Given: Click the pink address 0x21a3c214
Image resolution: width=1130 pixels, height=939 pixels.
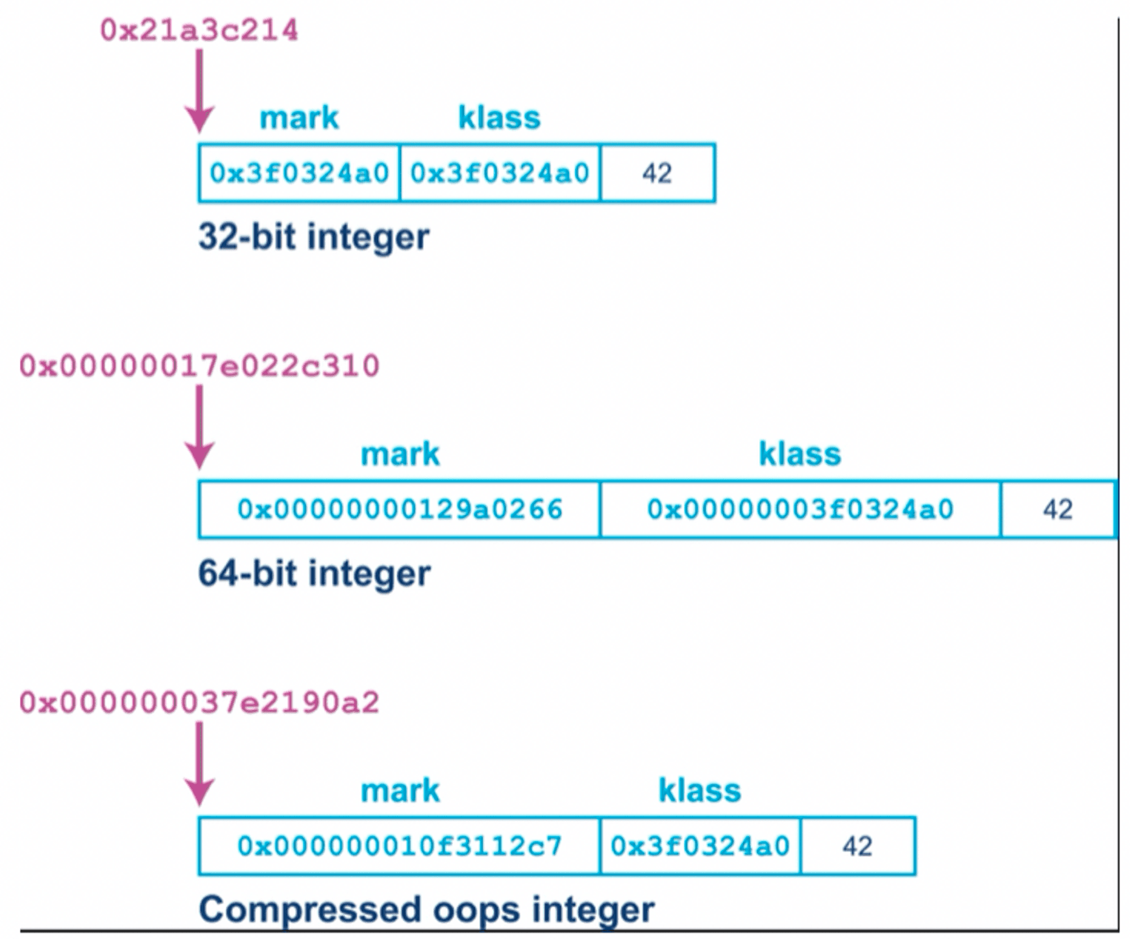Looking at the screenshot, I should (x=199, y=30).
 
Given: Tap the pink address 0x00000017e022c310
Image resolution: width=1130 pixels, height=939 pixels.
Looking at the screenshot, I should (x=199, y=366).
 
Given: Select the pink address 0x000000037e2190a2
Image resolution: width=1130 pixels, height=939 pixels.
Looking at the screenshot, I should (x=199, y=703).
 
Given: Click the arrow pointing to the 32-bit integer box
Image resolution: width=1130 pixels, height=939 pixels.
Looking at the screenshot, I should (x=199, y=90).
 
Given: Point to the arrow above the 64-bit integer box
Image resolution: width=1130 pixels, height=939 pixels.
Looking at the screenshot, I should (x=199, y=426).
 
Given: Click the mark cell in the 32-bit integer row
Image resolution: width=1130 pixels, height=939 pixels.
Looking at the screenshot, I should (x=299, y=173).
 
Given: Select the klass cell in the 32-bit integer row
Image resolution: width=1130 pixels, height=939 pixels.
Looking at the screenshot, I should (x=499, y=173).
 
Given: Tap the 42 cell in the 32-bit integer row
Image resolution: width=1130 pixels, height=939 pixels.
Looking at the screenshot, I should (x=657, y=173).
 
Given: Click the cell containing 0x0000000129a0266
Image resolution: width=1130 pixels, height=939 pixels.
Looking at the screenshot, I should (x=399, y=509).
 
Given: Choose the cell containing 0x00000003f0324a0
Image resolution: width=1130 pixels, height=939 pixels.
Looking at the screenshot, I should (x=800, y=509).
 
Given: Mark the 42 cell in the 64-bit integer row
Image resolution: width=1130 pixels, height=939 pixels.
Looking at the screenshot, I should (x=1058, y=509).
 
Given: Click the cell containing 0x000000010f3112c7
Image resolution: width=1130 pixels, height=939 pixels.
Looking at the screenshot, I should (x=399, y=846).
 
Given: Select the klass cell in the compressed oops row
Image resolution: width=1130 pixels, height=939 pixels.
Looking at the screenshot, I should (x=700, y=846).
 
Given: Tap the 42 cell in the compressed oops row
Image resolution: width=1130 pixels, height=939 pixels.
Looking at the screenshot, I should (x=858, y=846).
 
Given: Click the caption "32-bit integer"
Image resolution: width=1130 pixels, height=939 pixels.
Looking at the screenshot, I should (x=314, y=237).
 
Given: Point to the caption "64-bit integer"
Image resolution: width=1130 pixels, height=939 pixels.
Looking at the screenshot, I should (x=314, y=573).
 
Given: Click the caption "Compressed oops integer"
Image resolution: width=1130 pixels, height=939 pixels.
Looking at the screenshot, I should (x=427, y=910).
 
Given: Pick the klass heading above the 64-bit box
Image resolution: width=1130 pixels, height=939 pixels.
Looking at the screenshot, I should (x=800, y=454).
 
